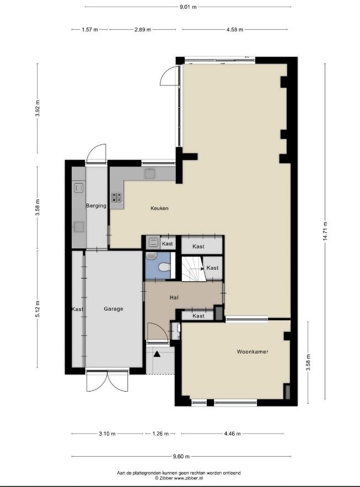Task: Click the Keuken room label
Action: pos(159,208)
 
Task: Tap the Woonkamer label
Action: pos(252,351)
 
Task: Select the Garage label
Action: pos(113,309)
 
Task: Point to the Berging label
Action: pos(96,206)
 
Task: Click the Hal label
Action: pos(174,297)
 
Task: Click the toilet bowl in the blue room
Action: pos(164,267)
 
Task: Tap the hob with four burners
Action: pos(117,197)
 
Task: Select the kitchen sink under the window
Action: pos(150,173)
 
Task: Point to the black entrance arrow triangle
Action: pos(157,354)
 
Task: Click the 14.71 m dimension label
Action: pos(325,232)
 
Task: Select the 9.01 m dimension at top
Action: pos(188,7)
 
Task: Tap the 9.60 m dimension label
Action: pos(181,457)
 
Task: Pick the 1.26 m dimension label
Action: pos(160,434)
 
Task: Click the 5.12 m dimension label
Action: pos(37,309)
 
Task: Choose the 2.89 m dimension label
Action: pos(143,29)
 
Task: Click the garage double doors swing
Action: pos(107,381)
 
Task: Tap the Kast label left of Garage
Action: pos(77,309)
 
